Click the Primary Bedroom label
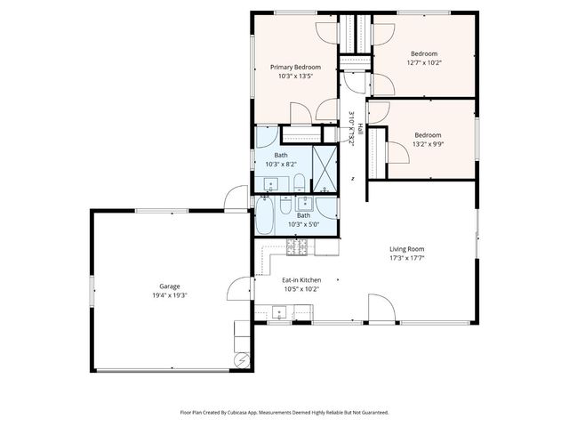pos(295,68)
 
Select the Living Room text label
pos(406,249)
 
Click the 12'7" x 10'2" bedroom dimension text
pos(423,63)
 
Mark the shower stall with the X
pos(325,169)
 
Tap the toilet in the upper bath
pos(300,185)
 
